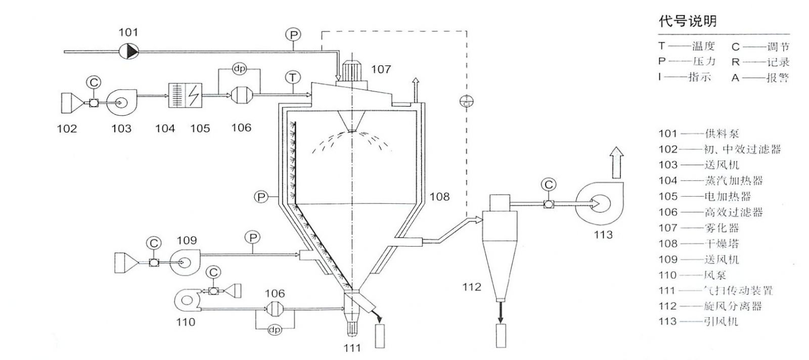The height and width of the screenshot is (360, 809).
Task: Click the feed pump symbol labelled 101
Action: point(128,51)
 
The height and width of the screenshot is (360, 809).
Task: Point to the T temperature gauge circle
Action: point(293,77)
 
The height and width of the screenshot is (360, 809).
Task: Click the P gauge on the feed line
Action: point(293,34)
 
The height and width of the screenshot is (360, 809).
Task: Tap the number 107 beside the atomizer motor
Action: point(381,69)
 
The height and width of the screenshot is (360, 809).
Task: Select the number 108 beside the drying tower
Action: point(439,196)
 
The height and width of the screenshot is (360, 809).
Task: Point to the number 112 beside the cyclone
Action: point(471,287)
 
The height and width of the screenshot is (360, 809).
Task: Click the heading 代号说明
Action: point(687,21)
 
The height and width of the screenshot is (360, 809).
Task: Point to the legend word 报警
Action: point(778,78)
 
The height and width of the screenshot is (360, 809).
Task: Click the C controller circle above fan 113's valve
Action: point(548,185)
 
